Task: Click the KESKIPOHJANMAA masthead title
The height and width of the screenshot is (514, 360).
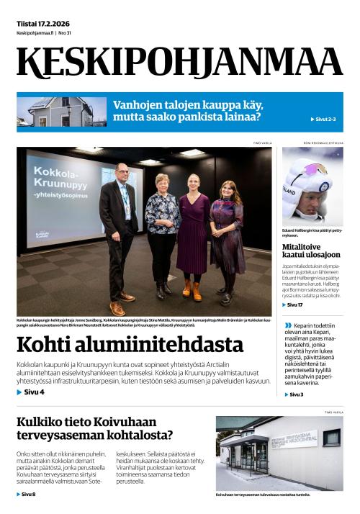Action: (179, 63)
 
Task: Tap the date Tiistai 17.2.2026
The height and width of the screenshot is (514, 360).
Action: (45, 24)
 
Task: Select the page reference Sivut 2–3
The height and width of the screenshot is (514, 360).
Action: (323, 119)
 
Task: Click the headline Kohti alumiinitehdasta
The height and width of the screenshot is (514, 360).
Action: (130, 345)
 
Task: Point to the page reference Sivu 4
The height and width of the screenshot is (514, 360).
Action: (31, 392)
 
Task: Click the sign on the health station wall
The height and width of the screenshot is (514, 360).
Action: (294, 439)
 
